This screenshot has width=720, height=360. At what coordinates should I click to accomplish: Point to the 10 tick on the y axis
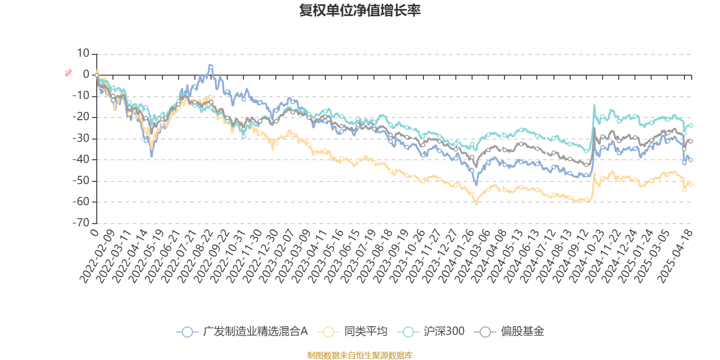pyautogui.click(x=83, y=54)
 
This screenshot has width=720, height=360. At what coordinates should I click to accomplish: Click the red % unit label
pyautogui.click(x=68, y=72)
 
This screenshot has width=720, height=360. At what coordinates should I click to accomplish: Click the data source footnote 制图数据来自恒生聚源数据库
pyautogui.click(x=360, y=355)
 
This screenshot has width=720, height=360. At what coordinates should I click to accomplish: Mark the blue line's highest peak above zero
pyautogui.click(x=211, y=67)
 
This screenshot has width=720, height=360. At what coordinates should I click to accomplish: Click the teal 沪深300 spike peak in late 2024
pyautogui.click(x=594, y=106)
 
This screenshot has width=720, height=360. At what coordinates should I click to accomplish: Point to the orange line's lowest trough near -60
pyautogui.click(x=477, y=204)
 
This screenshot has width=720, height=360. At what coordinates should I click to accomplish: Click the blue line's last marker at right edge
pyautogui.click(x=691, y=160)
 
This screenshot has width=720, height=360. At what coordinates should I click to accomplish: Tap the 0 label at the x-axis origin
pyautogui.click(x=94, y=232)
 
